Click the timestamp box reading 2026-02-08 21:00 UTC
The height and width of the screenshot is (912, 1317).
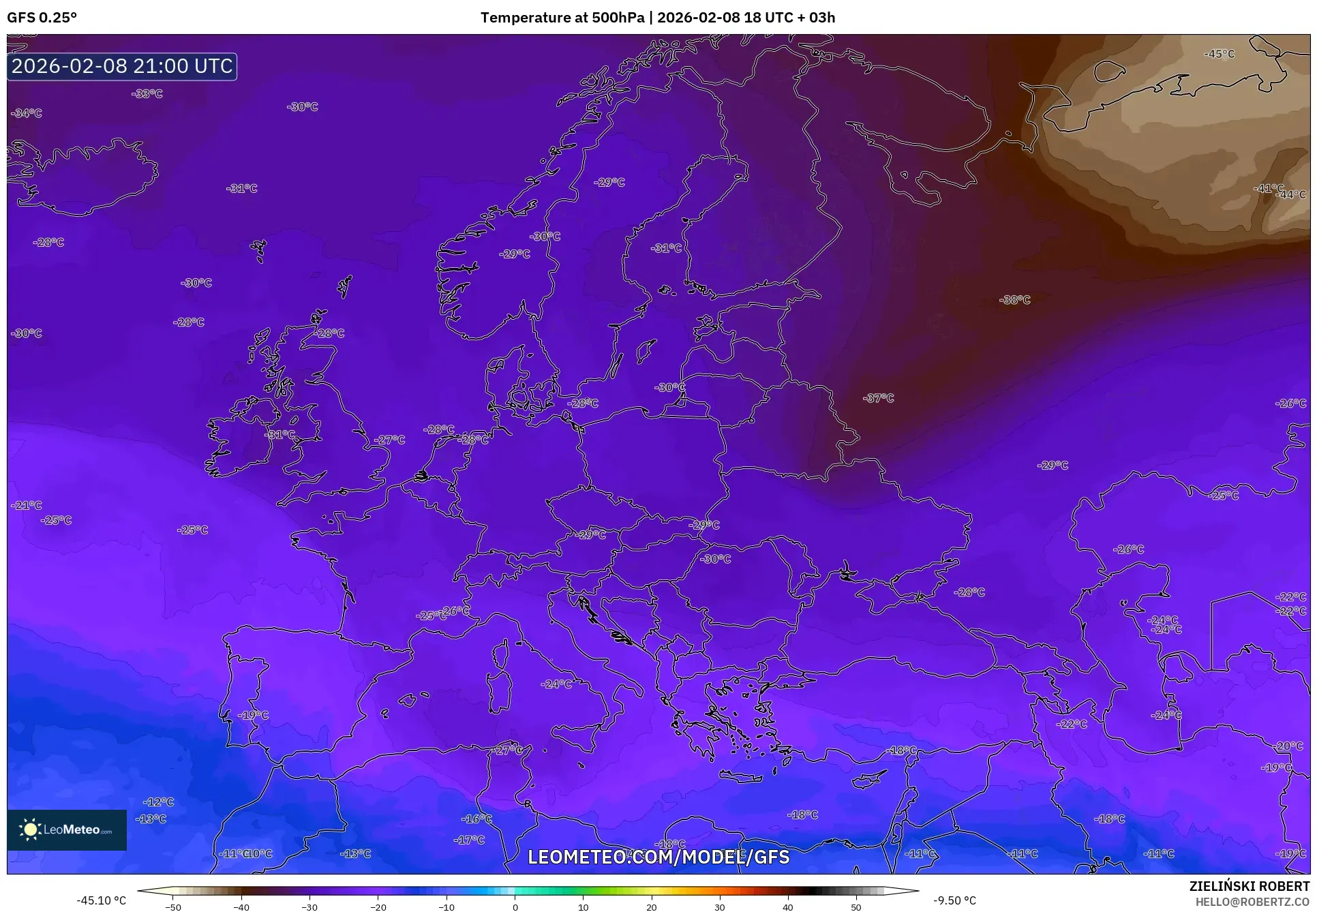click(x=122, y=66)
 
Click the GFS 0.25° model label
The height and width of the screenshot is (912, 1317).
click(x=42, y=18)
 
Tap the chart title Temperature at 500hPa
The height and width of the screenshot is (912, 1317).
click(x=562, y=18)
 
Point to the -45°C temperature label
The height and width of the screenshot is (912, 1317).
click(x=1219, y=54)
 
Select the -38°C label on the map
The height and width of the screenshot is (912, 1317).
click(x=1014, y=300)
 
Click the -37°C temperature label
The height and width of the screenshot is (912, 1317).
click(x=878, y=398)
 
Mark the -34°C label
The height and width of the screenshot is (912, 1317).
click(x=27, y=113)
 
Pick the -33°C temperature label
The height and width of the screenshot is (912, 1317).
click(x=147, y=94)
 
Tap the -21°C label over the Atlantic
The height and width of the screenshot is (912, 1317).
click(x=27, y=506)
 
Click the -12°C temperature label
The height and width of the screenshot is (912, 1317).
click(x=158, y=802)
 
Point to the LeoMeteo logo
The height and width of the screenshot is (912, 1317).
click(x=67, y=830)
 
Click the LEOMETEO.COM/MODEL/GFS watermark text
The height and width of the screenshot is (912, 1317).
click(x=658, y=857)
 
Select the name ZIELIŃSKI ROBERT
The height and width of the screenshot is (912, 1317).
click(x=1249, y=887)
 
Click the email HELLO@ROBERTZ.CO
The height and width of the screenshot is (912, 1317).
click(x=1252, y=901)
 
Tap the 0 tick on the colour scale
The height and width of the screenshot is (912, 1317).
click(x=515, y=907)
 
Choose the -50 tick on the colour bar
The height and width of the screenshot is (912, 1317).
click(x=173, y=907)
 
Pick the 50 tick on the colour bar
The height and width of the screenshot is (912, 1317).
click(x=856, y=907)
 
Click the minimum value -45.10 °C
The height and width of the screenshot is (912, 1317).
click(x=101, y=900)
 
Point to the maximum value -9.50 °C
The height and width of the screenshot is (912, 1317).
click(x=954, y=900)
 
